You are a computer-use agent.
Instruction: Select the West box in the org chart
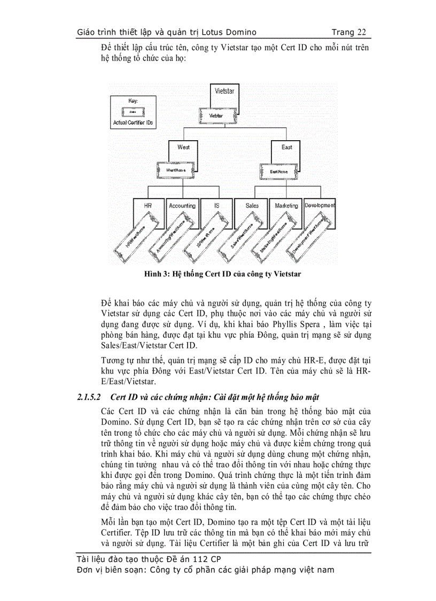pyautogui.click(x=183, y=150)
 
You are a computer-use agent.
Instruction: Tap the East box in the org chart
pyautogui.click(x=286, y=150)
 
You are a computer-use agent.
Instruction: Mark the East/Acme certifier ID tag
pyautogui.click(x=279, y=171)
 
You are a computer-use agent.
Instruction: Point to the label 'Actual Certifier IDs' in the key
pyautogui.click(x=133, y=123)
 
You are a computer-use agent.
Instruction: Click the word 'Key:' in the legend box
pyautogui.click(x=133, y=101)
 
